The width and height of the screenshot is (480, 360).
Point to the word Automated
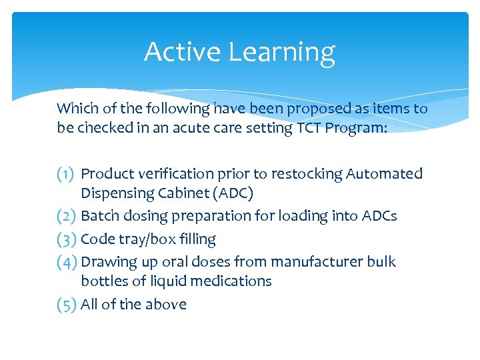(384, 174)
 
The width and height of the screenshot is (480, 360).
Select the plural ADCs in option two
(380, 216)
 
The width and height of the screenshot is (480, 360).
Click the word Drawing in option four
(108, 262)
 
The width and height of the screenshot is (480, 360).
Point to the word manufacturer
(317, 262)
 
